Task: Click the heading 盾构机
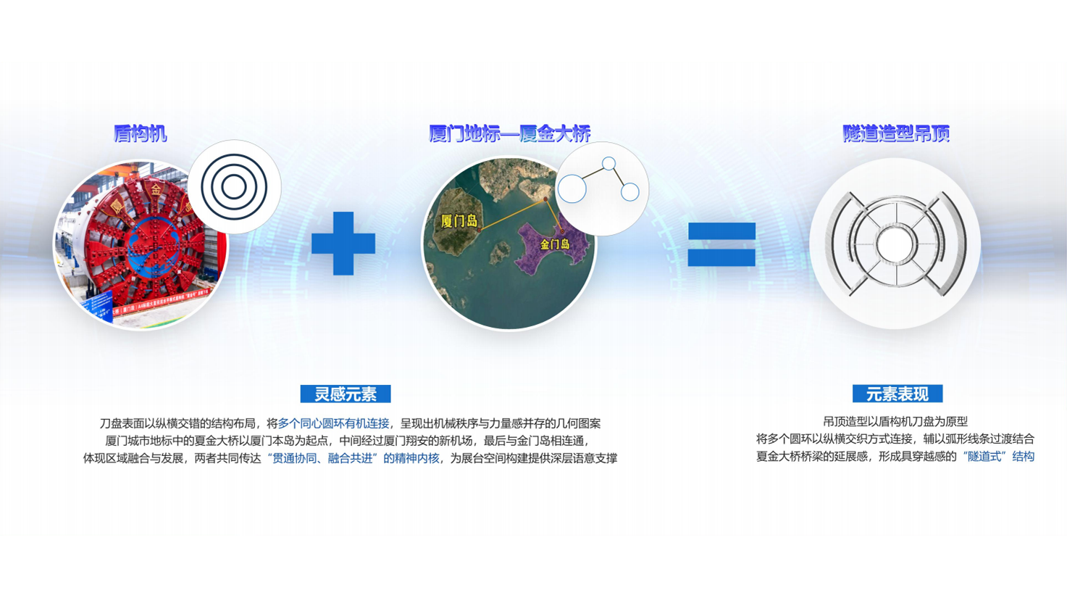(140, 133)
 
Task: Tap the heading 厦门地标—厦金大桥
(509, 133)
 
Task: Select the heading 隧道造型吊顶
(896, 133)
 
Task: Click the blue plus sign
(343, 244)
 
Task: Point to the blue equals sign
(721, 244)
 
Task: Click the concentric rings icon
(234, 187)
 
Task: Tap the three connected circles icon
(601, 188)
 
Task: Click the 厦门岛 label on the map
(459, 221)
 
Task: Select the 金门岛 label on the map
(555, 244)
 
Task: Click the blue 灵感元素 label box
(346, 394)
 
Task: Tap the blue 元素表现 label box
(897, 394)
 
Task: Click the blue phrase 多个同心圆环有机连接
(333, 423)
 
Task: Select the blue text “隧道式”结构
(997, 457)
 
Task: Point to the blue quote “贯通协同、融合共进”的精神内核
(353, 458)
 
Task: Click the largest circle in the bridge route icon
(572, 189)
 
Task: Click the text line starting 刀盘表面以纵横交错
(350, 423)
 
